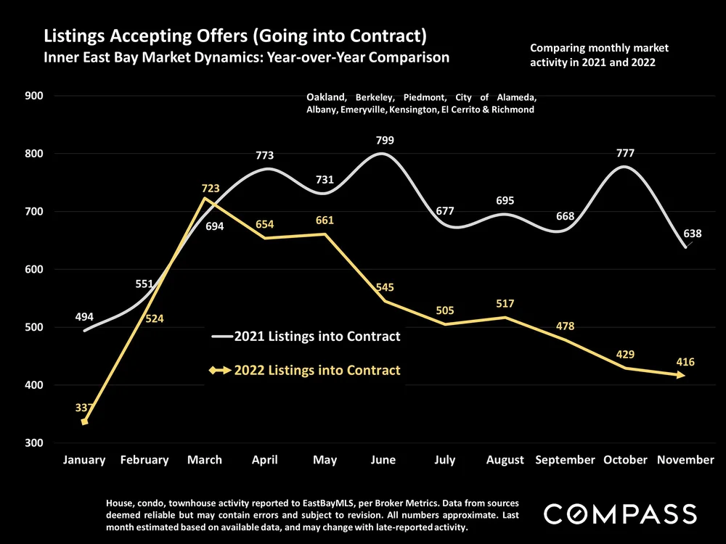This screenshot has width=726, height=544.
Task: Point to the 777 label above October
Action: (x=625, y=153)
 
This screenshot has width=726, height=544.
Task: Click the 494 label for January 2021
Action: (x=85, y=317)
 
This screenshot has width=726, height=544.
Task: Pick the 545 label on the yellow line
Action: (x=386, y=288)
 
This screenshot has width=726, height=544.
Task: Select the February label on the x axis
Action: (x=144, y=460)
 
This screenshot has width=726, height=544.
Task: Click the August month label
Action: (x=505, y=460)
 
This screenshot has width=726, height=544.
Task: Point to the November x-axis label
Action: (x=685, y=460)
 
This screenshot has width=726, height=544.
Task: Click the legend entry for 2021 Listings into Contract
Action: (x=317, y=337)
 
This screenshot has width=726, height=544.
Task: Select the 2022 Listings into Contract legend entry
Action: (x=317, y=370)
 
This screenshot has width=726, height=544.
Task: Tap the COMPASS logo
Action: (x=620, y=515)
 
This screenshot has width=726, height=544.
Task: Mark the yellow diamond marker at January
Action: (x=85, y=421)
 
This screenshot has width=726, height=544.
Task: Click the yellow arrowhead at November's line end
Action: (x=682, y=375)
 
